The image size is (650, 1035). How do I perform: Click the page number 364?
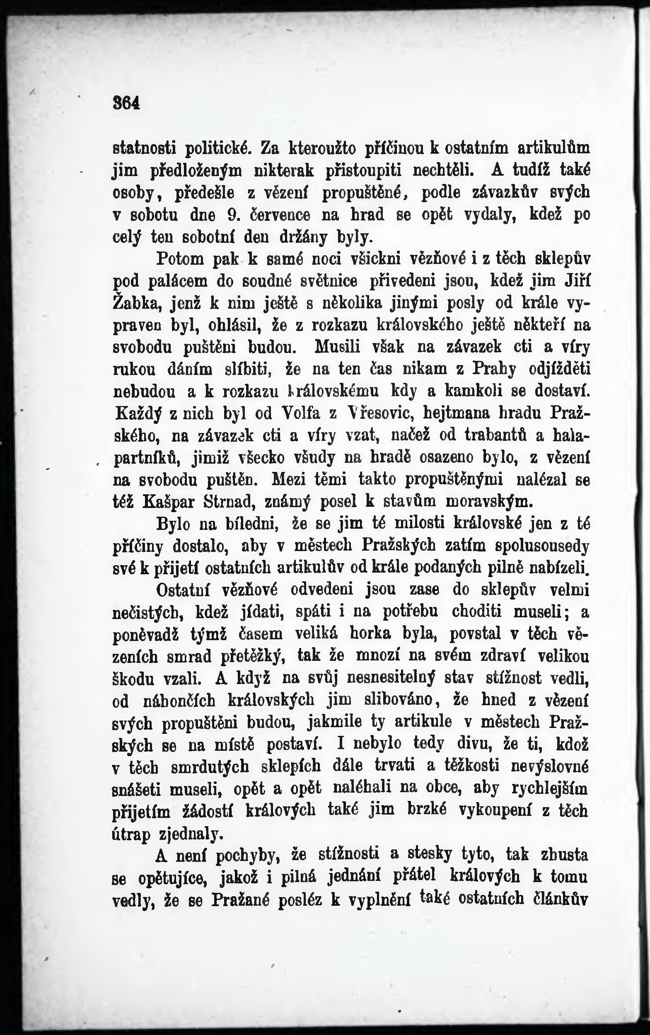pyautogui.click(x=126, y=103)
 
